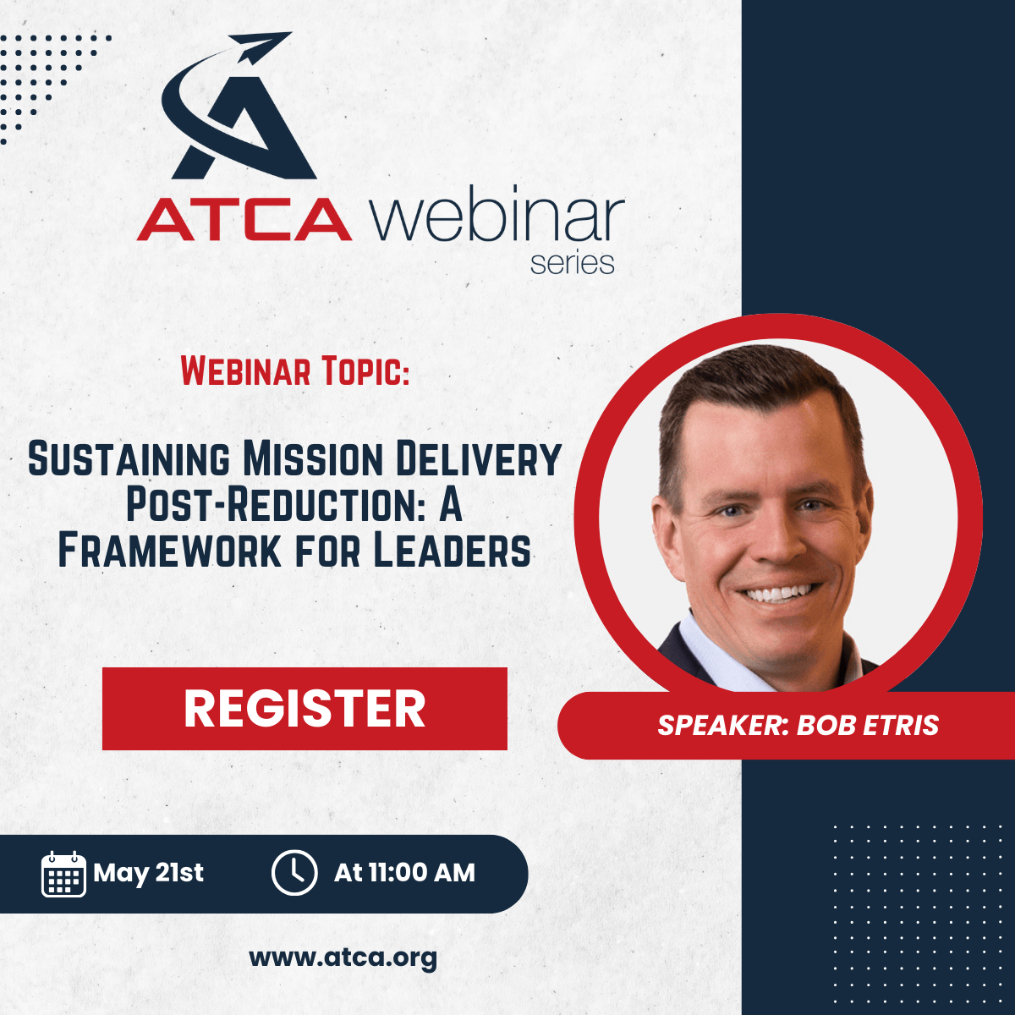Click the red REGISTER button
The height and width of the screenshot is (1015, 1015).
pos(304,709)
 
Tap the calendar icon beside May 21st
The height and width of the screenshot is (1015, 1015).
pos(63,874)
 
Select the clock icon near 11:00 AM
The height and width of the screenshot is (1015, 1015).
pos(294,873)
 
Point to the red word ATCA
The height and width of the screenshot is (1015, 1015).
pos(244,220)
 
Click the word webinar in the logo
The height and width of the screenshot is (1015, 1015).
pos(497,213)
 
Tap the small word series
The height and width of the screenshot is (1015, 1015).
pos(572,263)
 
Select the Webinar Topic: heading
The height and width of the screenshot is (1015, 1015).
pos(295,370)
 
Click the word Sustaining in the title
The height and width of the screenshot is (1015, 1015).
pos(129,459)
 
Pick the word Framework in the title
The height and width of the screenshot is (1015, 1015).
pos(169,551)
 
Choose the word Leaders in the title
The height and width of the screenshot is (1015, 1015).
pos(453,551)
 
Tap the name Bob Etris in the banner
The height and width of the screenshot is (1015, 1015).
pos(868,725)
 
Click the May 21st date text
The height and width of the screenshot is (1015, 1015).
pos(148,873)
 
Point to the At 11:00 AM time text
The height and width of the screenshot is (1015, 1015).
pos(404,873)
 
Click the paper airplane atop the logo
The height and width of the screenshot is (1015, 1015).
pos(261,47)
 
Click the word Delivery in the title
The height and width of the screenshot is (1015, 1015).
pos(478,459)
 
